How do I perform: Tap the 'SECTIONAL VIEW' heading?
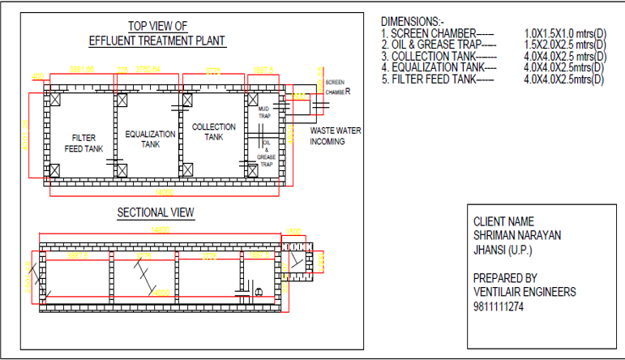click(156, 212)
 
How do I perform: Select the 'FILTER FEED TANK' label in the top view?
click(83, 144)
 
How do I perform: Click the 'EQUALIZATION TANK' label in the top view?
click(150, 139)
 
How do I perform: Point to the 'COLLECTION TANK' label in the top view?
click(213, 132)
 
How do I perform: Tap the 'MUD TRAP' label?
click(263, 112)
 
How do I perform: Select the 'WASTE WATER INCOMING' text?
click(336, 135)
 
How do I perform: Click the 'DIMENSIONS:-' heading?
click(412, 20)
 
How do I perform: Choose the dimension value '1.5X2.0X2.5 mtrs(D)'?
click(565, 45)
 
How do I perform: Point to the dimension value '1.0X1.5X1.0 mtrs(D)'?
click(565, 33)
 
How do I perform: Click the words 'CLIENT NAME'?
click(504, 221)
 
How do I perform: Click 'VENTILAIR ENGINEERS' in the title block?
click(524, 291)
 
